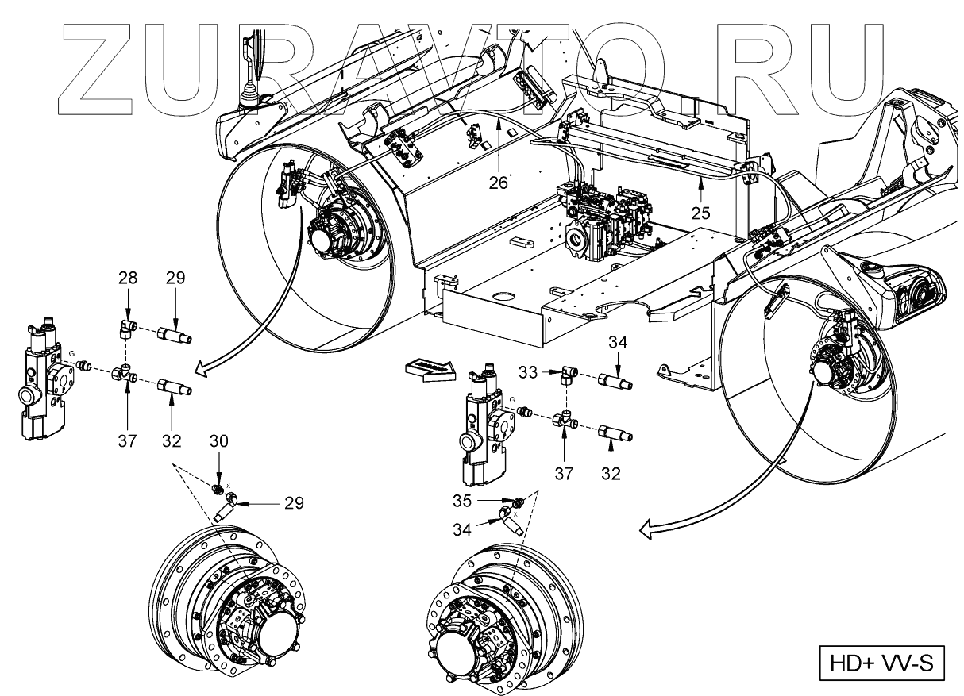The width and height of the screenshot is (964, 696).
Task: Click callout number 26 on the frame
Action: [x=498, y=182]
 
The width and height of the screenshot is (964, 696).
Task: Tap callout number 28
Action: [x=129, y=279]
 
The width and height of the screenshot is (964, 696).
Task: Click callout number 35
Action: [x=483, y=502]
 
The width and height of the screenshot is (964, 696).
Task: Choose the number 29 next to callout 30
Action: [x=293, y=502]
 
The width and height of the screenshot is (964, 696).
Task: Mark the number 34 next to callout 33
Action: [x=618, y=343]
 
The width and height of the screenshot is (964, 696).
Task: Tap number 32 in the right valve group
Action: [x=611, y=475]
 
